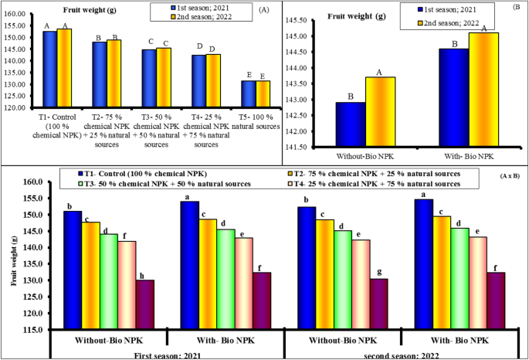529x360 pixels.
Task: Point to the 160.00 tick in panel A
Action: point(15,14)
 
